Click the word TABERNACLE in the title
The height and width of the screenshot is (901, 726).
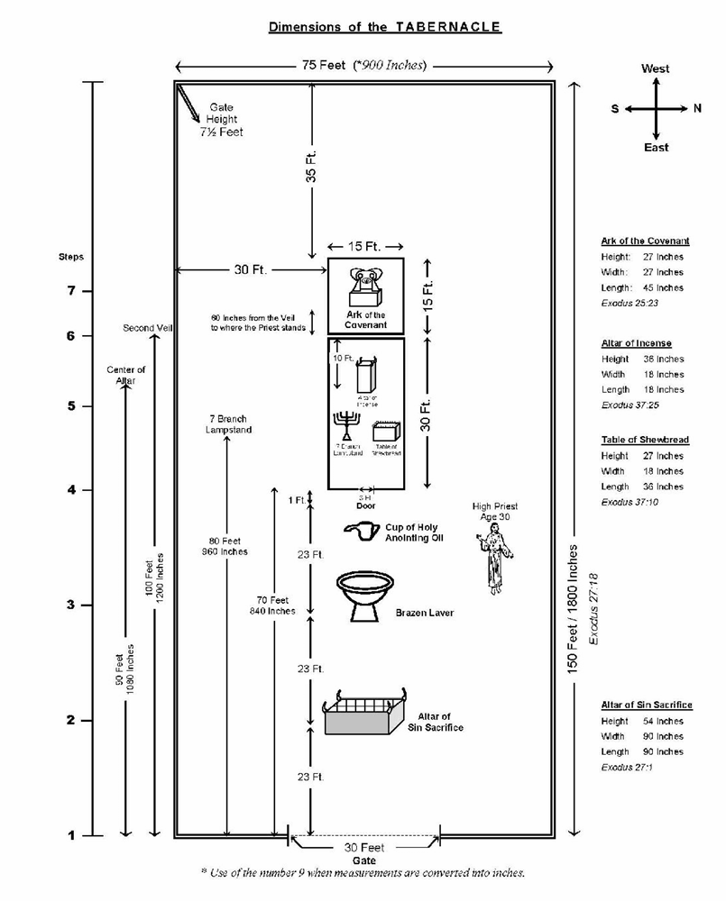click(446, 27)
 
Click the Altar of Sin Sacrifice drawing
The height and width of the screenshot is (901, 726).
click(363, 712)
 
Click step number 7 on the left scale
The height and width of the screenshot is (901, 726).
click(72, 291)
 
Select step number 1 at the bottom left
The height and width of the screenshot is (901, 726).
click(72, 835)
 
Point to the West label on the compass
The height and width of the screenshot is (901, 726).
click(656, 68)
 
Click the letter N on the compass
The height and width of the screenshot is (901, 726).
click(697, 108)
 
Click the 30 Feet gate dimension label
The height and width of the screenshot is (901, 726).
click(363, 848)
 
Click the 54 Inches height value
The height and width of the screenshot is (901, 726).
click(669, 721)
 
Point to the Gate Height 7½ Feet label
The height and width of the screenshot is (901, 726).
click(222, 119)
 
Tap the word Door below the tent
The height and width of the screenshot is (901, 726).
click(365, 506)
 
